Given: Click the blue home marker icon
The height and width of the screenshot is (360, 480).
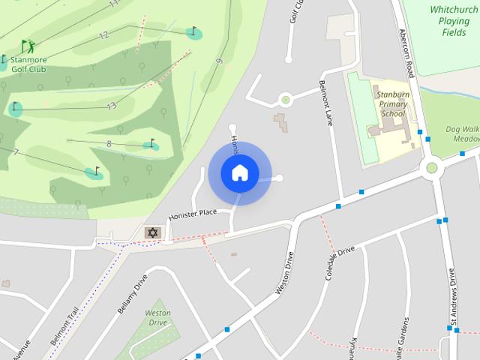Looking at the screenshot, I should pyautogui.click(x=239, y=172).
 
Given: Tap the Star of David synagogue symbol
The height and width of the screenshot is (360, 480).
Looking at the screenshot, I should pyautogui.click(x=152, y=233).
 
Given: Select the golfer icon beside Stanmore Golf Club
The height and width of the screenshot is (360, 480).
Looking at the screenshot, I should pyautogui.click(x=28, y=46).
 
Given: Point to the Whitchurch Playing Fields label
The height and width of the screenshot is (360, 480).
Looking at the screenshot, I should pyautogui.click(x=454, y=21).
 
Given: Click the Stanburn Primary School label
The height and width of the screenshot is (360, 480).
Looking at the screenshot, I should pyautogui.click(x=393, y=104).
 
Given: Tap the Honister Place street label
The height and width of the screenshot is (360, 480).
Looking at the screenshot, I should pyautogui.click(x=192, y=214).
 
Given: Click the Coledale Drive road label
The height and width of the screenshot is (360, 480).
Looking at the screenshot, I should pyautogui.click(x=340, y=264).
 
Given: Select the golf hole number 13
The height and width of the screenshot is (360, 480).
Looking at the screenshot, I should pyautogui.click(x=111, y=106).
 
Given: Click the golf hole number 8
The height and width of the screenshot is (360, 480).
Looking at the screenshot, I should pyautogui.click(x=109, y=143).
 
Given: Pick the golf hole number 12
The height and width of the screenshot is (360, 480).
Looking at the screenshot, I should pyautogui.click(x=103, y=34).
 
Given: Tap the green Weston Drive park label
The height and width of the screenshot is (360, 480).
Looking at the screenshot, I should pyautogui.click(x=157, y=317).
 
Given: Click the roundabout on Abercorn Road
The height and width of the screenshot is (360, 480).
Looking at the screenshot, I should pyautogui.click(x=431, y=167).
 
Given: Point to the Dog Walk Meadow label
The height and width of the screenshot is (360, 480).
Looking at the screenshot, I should pyautogui.click(x=462, y=133).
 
